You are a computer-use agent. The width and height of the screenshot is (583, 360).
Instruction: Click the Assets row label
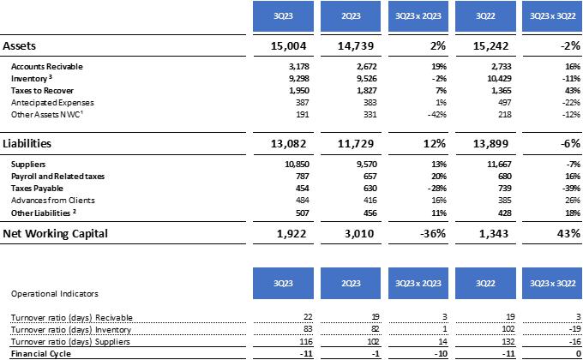coord(23,45)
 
